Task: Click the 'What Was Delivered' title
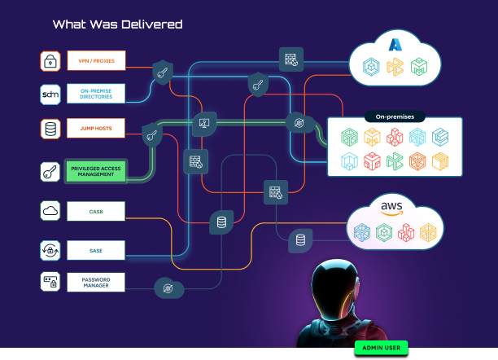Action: tap(117, 24)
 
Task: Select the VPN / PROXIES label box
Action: tap(95, 61)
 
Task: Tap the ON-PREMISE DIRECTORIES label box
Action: tap(95, 94)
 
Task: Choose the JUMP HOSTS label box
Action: tap(95, 129)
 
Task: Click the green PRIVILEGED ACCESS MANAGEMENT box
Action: tap(95, 170)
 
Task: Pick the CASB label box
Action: tap(95, 212)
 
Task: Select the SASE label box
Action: tap(95, 249)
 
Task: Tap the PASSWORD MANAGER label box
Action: tap(95, 283)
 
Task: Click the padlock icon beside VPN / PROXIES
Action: tap(50, 61)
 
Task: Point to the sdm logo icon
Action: tap(50, 94)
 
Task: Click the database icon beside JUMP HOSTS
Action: tap(50, 129)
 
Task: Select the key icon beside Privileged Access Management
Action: tap(50, 171)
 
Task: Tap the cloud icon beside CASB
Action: tap(50, 212)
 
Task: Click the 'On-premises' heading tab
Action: tap(394, 116)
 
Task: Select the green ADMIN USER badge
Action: tap(381, 348)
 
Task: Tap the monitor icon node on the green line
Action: tap(204, 124)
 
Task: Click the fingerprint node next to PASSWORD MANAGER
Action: tap(168, 288)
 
